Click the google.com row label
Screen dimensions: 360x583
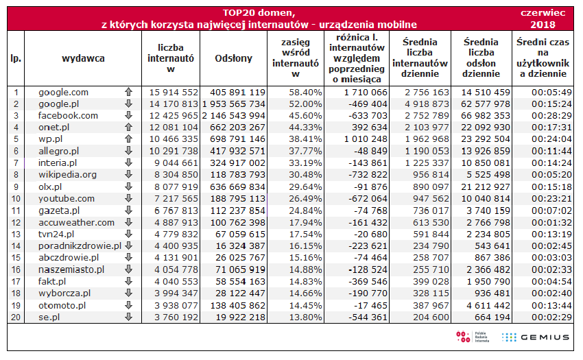tap(63, 92)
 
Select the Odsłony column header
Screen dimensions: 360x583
tap(233, 58)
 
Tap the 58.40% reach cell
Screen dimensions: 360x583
tap(305, 92)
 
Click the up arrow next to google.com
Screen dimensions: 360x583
tap(128, 92)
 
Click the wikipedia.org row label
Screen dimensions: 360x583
tap(67, 175)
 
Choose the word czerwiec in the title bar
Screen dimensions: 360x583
tap(543, 12)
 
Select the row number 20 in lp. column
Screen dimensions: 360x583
tap(16, 317)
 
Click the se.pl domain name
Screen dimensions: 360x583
tap(49, 317)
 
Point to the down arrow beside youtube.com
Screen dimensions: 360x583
tap(128, 198)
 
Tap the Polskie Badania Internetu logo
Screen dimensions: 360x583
tap(470, 337)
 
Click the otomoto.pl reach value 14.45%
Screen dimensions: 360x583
tap(305, 305)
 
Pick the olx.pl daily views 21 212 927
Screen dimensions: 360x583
tap(484, 187)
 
